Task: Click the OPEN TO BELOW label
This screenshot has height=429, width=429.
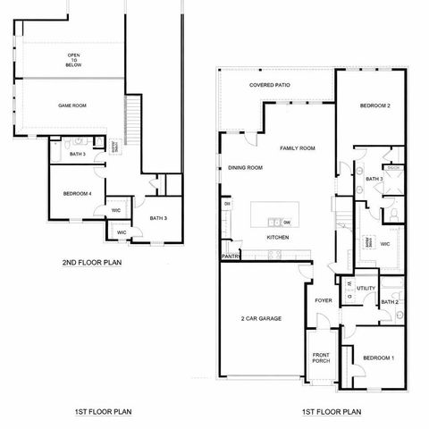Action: (x=73, y=60)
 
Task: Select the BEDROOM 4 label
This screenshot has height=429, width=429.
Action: (x=78, y=194)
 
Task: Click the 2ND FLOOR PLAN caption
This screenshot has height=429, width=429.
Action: (x=92, y=263)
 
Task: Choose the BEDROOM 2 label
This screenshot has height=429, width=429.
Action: (x=375, y=105)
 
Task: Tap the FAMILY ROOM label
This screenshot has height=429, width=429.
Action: (x=298, y=147)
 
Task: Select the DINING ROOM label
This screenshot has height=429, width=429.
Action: (x=245, y=167)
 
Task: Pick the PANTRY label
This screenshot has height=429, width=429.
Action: (x=231, y=257)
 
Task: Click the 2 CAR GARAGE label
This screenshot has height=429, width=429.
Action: (x=261, y=318)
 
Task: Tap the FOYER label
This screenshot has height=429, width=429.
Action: (x=324, y=300)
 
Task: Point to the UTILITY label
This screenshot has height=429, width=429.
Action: (x=366, y=289)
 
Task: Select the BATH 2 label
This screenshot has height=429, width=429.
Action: (x=389, y=302)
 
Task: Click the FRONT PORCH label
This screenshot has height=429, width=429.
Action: (x=322, y=357)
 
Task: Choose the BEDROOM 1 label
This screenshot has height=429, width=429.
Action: (x=378, y=358)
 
